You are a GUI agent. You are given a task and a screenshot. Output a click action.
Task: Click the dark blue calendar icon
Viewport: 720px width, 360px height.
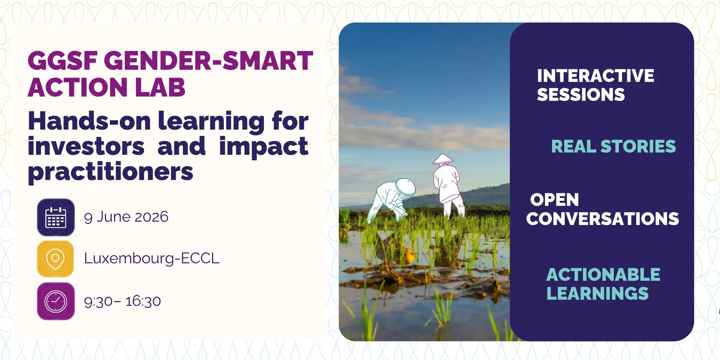click(x=56, y=217)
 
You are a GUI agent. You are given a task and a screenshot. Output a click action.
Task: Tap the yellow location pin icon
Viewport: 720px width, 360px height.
click(x=55, y=259)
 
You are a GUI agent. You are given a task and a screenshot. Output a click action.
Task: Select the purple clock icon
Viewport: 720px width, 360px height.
click(x=56, y=301)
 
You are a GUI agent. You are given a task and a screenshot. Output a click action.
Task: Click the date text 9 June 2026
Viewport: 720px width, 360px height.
click(x=126, y=217)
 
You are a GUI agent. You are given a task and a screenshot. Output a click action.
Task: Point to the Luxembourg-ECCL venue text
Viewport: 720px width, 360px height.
click(x=152, y=259)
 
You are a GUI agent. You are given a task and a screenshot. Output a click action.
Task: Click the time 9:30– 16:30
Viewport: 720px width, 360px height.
click(x=122, y=301)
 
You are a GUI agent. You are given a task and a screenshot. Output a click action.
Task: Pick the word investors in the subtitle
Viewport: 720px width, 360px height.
click(x=86, y=146)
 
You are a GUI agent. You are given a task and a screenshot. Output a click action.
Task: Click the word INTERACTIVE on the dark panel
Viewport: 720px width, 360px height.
click(x=595, y=76)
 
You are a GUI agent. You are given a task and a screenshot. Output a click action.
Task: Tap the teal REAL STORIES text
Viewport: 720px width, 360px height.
click(x=613, y=146)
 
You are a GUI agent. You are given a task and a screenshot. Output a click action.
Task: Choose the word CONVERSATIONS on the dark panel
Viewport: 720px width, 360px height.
click(x=602, y=219)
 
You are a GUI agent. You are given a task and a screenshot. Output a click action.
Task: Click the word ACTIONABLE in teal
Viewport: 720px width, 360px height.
click(x=603, y=274)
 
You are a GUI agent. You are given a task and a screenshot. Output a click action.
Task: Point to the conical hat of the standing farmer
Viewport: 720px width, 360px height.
click(x=443, y=159)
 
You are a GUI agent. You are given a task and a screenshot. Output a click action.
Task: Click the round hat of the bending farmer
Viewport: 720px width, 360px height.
click(x=406, y=187)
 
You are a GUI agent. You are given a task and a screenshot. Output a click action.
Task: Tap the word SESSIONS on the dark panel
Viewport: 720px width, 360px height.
click(x=581, y=94)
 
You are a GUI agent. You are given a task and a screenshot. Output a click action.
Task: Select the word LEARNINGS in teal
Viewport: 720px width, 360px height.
click(x=597, y=293)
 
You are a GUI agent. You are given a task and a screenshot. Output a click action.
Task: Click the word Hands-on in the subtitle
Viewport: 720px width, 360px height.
click(x=89, y=121)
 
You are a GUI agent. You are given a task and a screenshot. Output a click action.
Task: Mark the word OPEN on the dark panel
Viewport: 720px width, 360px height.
click(x=554, y=200)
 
